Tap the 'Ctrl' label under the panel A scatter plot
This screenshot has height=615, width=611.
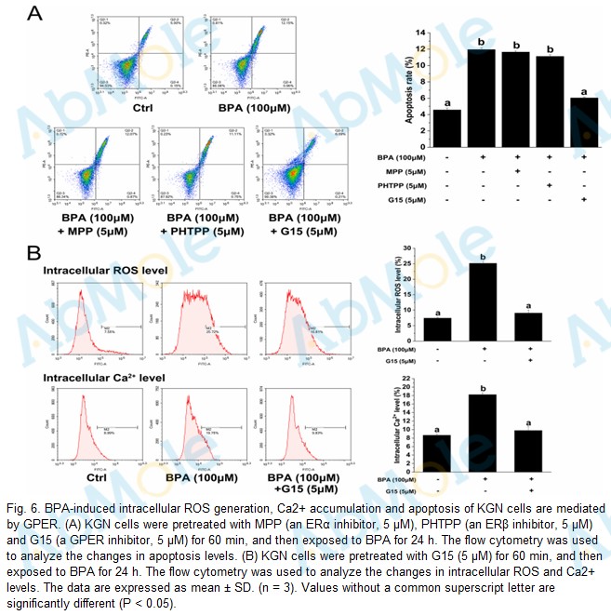[143, 108]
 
